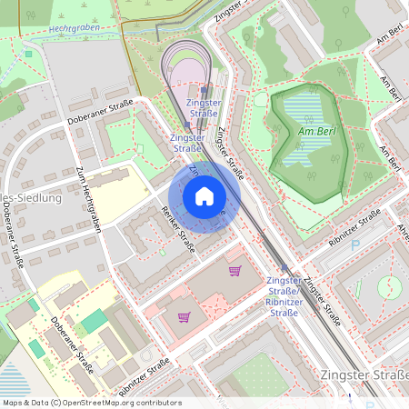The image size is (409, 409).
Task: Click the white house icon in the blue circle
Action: tap(204, 196)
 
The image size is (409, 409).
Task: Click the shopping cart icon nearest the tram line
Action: tap(234, 271)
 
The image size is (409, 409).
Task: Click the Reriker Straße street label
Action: tap(177, 229)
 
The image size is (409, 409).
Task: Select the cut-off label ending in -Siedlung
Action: tap(31, 197)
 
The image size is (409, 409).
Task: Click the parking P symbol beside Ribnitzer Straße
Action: tap(354, 244)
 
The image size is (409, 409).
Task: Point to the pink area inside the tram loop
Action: tap(189, 70)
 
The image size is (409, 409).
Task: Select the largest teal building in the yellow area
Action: tap(94, 321)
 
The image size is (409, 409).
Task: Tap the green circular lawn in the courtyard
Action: tap(389, 287)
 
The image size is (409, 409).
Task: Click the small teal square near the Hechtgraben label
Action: tap(28, 54)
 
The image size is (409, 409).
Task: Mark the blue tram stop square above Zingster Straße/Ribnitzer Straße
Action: tap(284, 268)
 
